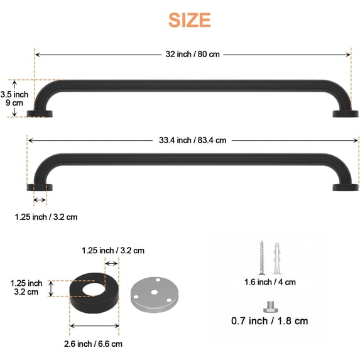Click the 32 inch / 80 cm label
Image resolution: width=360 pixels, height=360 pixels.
193,55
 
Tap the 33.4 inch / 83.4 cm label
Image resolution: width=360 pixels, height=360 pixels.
192,140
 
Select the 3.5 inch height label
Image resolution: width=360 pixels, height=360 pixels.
14,94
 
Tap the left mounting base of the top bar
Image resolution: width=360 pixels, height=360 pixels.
40,114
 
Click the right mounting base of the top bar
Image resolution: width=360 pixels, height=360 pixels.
344,114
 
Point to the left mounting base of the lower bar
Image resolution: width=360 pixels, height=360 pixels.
39,187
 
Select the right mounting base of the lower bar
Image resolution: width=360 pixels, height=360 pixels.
346,187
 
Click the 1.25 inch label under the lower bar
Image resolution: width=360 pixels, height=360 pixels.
46,217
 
